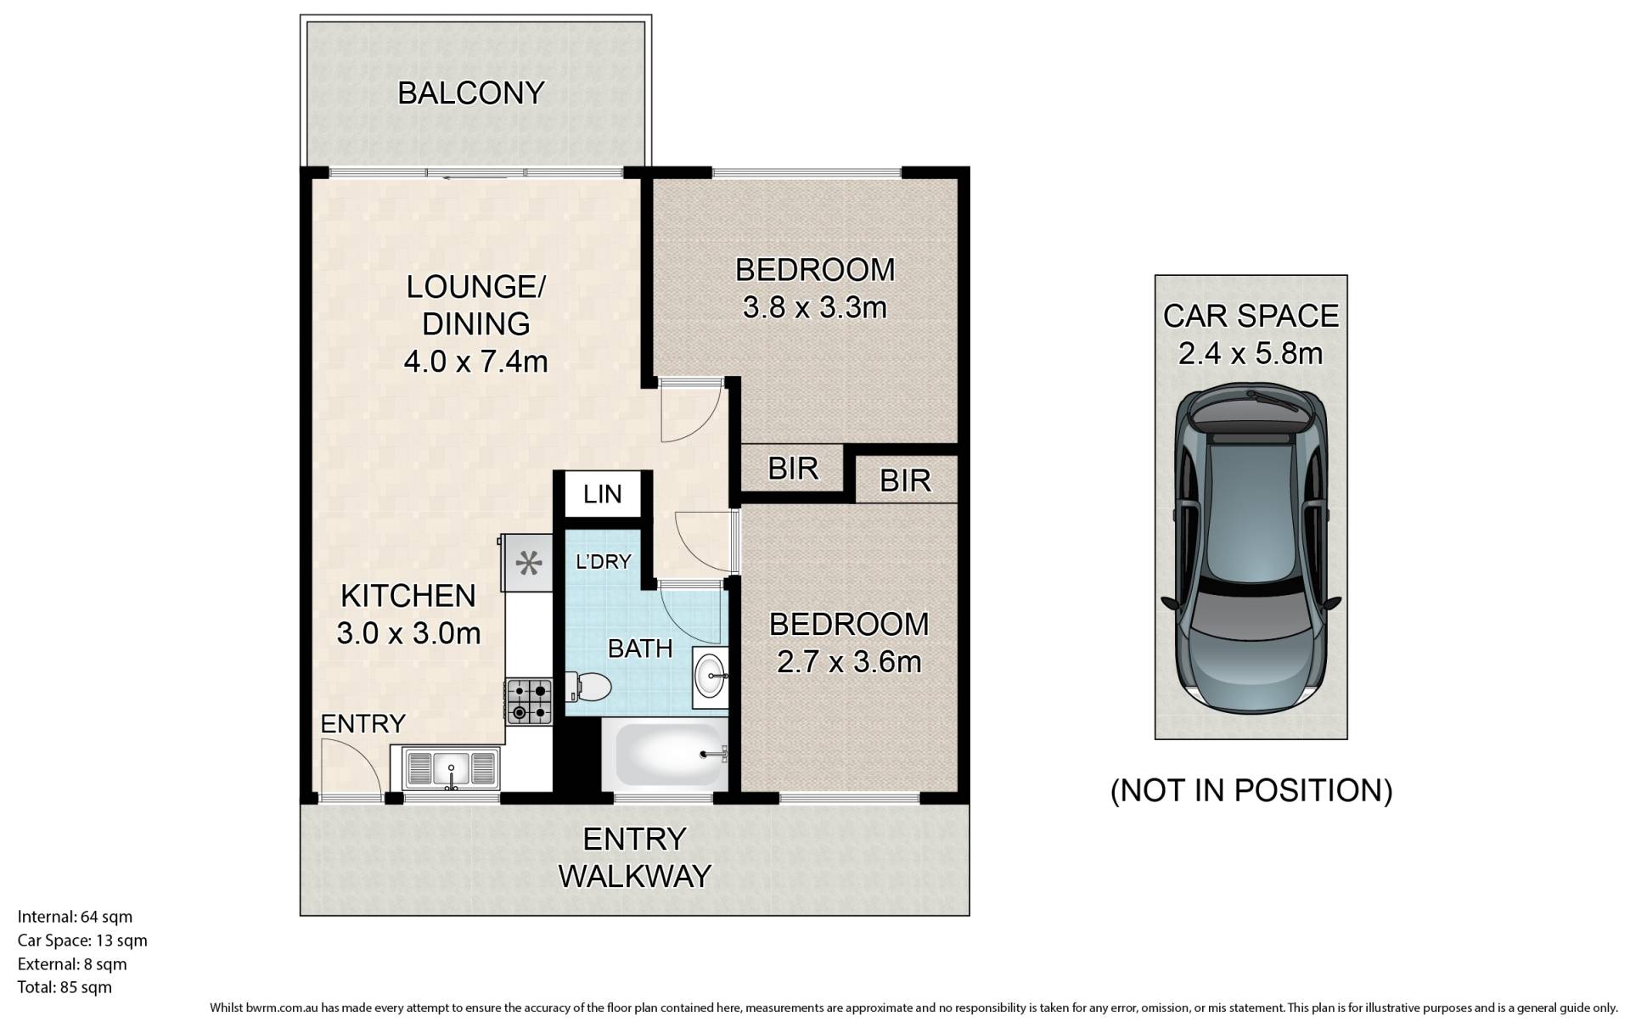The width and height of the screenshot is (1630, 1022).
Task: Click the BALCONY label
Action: [x=470, y=93]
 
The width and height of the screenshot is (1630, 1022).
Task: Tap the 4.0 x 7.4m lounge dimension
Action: [x=475, y=362]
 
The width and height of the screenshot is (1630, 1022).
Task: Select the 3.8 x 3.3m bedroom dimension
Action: [x=814, y=307]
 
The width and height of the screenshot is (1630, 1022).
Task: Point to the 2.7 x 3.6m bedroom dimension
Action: [x=849, y=662]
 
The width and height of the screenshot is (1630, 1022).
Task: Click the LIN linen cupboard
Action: [x=603, y=493]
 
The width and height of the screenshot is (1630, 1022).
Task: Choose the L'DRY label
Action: [x=604, y=561]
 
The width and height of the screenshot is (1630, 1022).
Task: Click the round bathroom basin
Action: [x=710, y=677]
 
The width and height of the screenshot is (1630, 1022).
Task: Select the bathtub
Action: [x=665, y=755]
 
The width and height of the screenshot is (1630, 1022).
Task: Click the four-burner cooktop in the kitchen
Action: [x=529, y=701]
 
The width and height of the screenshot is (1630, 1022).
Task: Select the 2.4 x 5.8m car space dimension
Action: [x=1251, y=353]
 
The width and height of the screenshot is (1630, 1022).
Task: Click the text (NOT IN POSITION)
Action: [x=1251, y=790]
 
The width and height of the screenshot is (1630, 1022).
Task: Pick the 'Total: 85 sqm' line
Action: [x=65, y=987]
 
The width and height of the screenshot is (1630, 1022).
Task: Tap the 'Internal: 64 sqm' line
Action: [x=75, y=917]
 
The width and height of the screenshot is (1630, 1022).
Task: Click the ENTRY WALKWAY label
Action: [x=634, y=857]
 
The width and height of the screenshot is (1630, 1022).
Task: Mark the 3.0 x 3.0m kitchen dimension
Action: [x=408, y=633]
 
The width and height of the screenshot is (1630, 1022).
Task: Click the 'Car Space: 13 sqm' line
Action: [x=82, y=941]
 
